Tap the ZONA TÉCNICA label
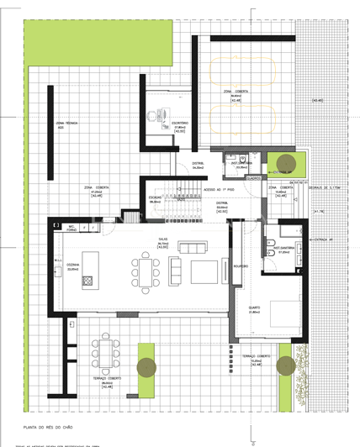pos(66,125)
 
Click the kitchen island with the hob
pos(87,281)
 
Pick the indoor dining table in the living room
pos(145,271)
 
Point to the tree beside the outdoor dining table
pos(146,365)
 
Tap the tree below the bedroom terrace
pos(285,365)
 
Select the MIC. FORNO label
pos(72,227)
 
